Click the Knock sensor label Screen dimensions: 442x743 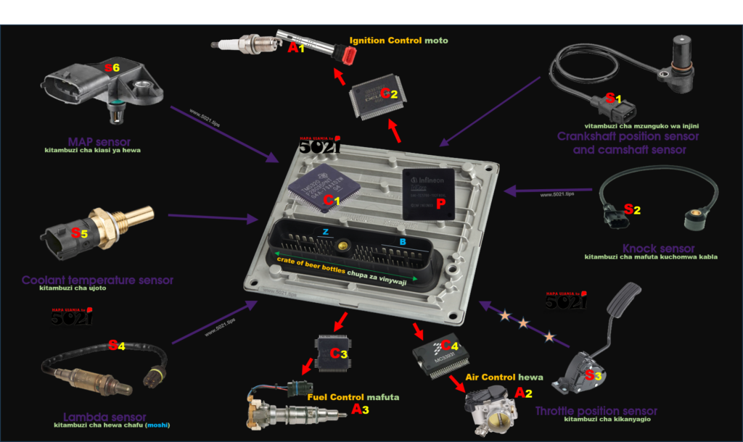(x=658, y=249)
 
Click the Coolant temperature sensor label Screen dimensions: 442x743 (x=97, y=280)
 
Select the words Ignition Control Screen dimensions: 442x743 (x=385, y=41)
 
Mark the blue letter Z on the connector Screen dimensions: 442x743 (x=326, y=232)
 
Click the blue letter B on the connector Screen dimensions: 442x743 (x=403, y=241)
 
